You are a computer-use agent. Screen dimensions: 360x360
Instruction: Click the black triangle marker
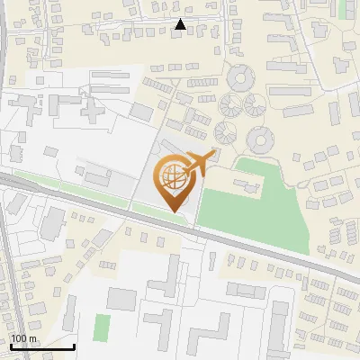click(181, 25)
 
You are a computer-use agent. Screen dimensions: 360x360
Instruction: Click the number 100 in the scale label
click(19, 338)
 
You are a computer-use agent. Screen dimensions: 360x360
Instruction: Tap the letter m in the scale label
click(32, 338)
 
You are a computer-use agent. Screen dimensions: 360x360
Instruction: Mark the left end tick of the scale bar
click(10, 346)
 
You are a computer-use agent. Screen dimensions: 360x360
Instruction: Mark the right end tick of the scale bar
click(74, 346)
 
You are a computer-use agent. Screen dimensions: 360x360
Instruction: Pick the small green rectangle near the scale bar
click(102, 327)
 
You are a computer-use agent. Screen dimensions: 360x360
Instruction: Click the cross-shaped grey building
click(94, 111)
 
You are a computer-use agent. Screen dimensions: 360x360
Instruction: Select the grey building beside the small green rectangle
click(121, 298)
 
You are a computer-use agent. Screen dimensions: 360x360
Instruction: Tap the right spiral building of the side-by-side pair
click(255, 105)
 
